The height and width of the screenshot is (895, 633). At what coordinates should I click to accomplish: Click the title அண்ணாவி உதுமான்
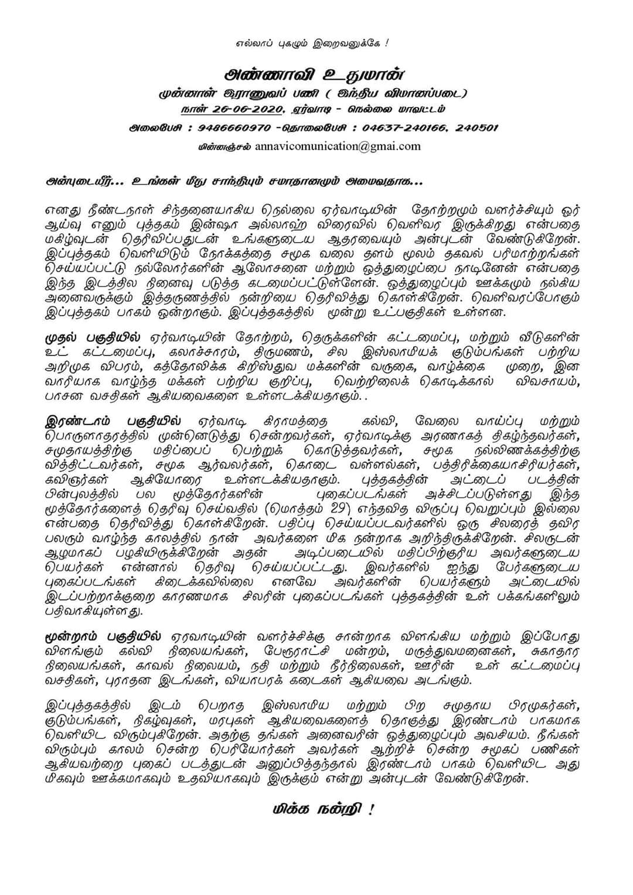[316, 76]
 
